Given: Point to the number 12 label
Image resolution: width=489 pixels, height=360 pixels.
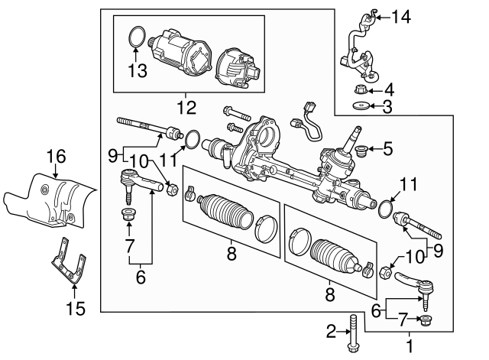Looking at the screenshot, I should coord(186,105).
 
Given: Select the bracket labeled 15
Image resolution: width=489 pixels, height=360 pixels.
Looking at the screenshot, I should coord(68,264).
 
